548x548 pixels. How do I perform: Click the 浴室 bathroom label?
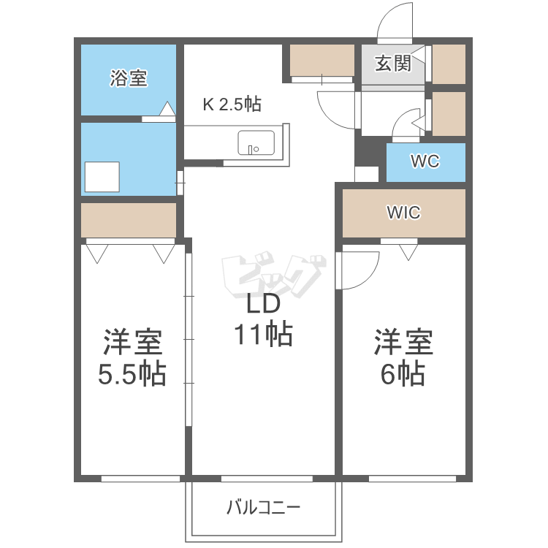coord(129,78)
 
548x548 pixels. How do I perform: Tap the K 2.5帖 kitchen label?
coord(232,104)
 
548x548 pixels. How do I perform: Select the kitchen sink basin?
coord(256,142)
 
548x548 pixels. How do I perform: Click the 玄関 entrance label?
coord(393,64)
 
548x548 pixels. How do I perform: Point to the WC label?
coord(425,161)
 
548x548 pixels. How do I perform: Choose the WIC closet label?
coord(403,212)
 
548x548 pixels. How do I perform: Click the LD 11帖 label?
coord(263,319)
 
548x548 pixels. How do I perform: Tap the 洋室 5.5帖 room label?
coord(132,357)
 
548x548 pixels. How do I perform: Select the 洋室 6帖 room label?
coord(403,357)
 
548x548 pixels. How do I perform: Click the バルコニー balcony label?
coord(264,508)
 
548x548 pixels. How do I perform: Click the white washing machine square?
coord(102,177)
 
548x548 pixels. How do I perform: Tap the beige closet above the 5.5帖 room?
coord(129,220)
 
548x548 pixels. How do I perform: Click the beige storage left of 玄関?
coord(322,60)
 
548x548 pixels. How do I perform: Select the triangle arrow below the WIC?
coord(408,252)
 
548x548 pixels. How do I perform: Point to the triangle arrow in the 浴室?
coord(167,108)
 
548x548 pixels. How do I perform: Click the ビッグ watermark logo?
coord(274,274)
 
